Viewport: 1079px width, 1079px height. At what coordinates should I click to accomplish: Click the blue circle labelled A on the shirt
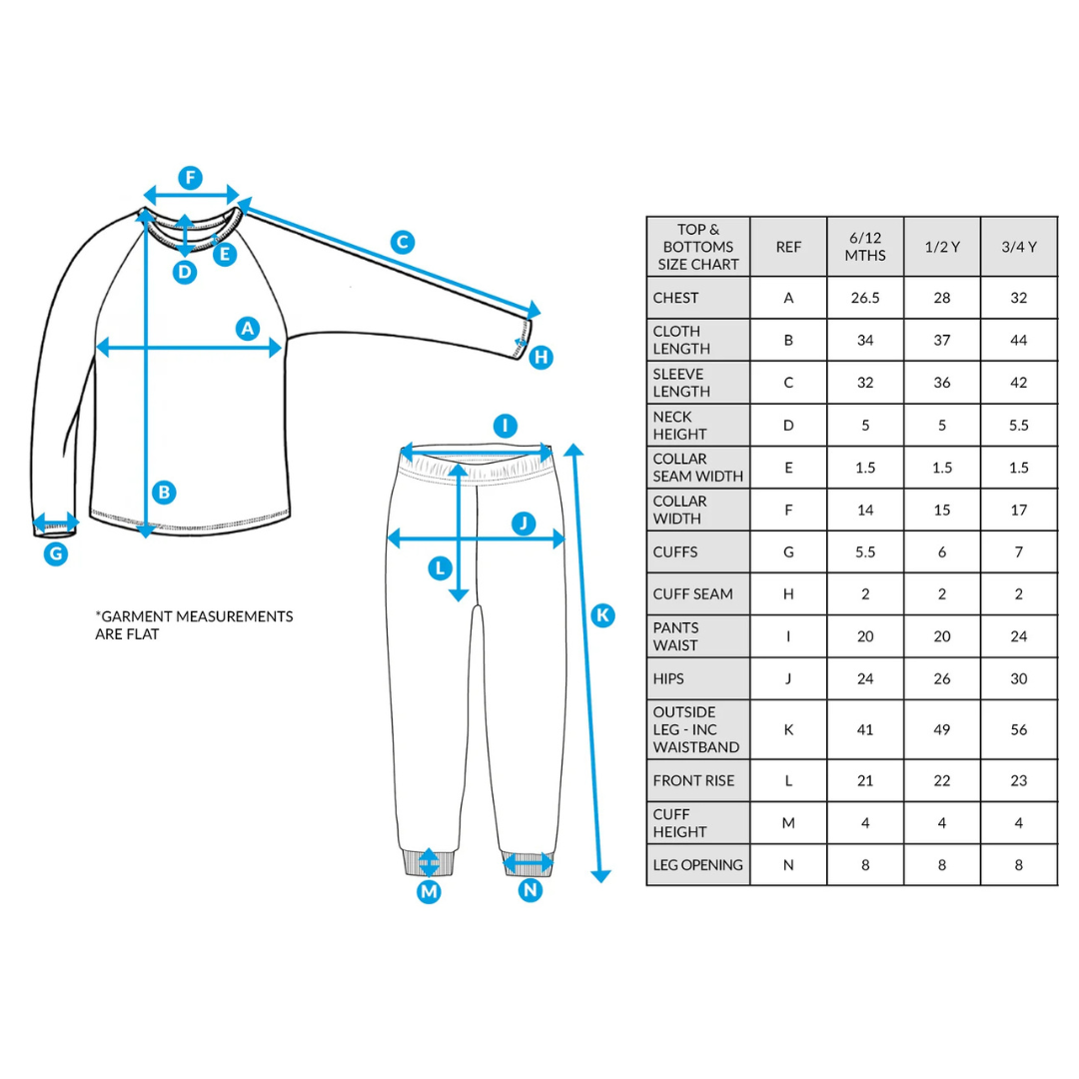click(x=248, y=328)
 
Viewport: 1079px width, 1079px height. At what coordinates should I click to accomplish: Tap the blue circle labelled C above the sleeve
click(x=402, y=242)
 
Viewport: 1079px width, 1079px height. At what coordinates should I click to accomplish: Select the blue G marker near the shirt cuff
click(x=56, y=552)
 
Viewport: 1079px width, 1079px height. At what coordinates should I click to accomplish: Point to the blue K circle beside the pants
click(x=601, y=614)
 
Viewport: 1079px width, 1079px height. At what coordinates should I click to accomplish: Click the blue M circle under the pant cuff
click(x=429, y=892)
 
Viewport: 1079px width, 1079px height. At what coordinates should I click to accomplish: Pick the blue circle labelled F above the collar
click(x=190, y=179)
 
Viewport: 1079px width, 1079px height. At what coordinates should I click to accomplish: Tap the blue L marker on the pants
click(x=440, y=569)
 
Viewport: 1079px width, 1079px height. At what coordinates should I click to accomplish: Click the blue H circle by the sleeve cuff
click(x=540, y=357)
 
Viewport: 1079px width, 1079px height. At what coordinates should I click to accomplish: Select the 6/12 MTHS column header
click(x=865, y=247)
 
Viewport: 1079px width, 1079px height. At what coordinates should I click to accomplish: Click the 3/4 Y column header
click(x=1019, y=247)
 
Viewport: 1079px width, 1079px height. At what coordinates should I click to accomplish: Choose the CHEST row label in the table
click(x=676, y=298)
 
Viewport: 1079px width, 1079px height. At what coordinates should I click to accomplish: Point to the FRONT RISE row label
click(x=693, y=780)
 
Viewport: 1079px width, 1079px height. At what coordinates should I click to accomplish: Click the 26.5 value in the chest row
click(x=865, y=298)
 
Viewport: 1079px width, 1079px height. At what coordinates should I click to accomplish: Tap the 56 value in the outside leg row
click(x=1019, y=729)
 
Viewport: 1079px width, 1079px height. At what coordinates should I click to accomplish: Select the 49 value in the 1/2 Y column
click(x=942, y=729)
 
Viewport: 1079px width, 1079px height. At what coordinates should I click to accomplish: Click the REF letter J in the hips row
click(x=788, y=678)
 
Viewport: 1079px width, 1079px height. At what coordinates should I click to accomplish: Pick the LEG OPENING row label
click(x=697, y=865)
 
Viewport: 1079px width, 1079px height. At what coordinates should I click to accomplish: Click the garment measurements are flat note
click(x=194, y=624)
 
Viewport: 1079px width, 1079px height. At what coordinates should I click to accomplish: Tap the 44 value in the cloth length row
click(x=1019, y=340)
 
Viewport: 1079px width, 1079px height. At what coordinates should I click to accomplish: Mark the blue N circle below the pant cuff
click(x=531, y=889)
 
